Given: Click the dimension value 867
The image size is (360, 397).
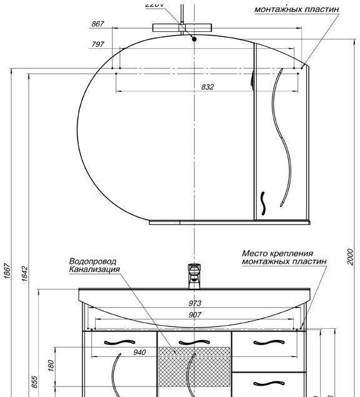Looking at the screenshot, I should pyautogui.click(x=97, y=24).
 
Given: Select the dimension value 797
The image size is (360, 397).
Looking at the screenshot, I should pyautogui.click(x=97, y=44).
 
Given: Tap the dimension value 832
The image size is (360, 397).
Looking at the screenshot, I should pyautogui.click(x=207, y=88).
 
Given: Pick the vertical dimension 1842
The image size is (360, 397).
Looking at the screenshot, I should pyautogui.click(x=23, y=273).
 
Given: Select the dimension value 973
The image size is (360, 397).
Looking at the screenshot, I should pyautogui.click(x=195, y=303).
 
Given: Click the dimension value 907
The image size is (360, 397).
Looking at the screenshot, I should pyautogui.click(x=195, y=315).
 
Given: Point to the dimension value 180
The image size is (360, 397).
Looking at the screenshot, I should pyautogui.click(x=51, y=364).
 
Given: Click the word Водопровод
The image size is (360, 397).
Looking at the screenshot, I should pyautogui.click(x=92, y=261).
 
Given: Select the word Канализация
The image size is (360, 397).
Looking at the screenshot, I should pyautogui.click(x=94, y=269).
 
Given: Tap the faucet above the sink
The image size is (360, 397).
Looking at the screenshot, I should pyautogui.click(x=194, y=276).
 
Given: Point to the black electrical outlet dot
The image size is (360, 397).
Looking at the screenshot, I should pyautogui.click(x=194, y=39).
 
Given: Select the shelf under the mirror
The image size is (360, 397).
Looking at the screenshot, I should pyautogui.click(x=229, y=221).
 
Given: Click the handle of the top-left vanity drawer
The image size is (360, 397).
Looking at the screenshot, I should pyautogui.click(x=119, y=341).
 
